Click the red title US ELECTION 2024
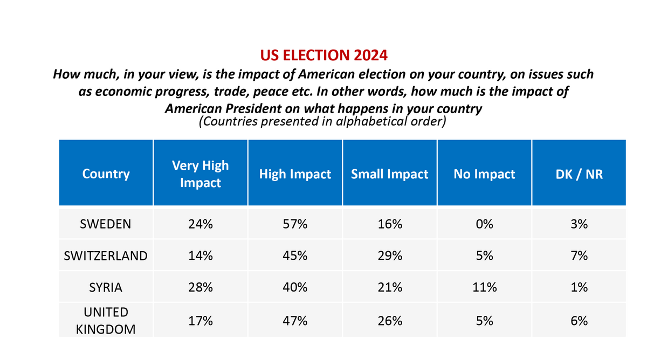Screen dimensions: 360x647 323,56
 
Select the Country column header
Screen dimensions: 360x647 106,174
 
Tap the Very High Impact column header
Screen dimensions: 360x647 200,174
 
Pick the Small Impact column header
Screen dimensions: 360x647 389,174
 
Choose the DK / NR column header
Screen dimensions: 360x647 579,174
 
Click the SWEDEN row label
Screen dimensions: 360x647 106,224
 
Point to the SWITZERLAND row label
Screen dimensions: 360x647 106,255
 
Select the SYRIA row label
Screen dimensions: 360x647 106,288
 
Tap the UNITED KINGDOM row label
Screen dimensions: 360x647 106,321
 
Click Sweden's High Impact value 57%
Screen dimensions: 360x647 295,224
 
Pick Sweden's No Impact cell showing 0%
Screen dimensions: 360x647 484,224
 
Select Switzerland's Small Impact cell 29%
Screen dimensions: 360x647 389,255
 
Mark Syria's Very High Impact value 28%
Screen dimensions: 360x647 200,288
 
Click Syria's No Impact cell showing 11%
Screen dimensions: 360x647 484,288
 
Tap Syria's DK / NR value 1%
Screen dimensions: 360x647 579,288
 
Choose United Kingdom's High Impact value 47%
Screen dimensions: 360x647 295,321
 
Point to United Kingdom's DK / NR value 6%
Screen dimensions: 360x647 579,321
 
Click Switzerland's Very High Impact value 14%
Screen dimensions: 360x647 200,255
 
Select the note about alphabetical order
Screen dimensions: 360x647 322,121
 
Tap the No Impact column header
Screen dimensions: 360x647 484,174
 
